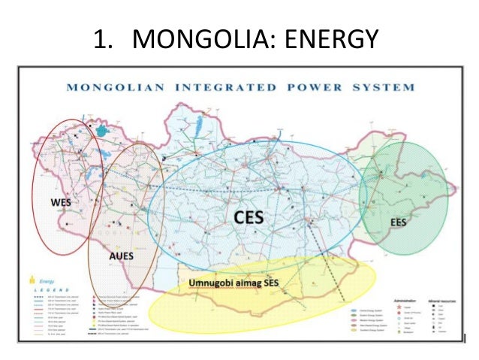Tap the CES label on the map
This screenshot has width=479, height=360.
pos(250,216)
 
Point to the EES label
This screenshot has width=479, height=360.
pos(398,222)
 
